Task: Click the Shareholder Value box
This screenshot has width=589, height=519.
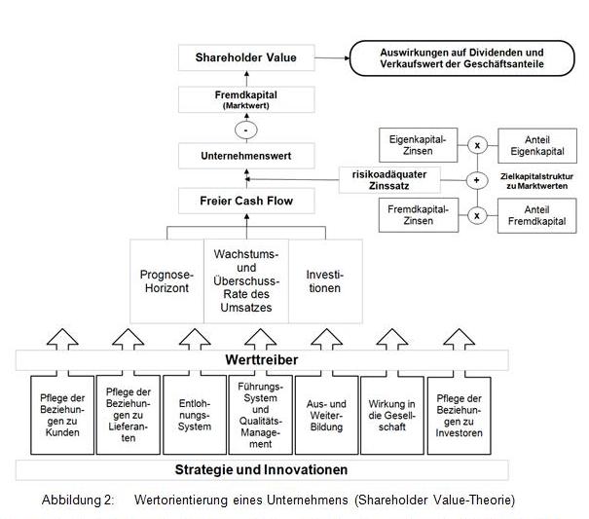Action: click(x=245, y=58)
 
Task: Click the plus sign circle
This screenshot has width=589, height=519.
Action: click(x=477, y=179)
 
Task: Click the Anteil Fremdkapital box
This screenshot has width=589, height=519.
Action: click(x=531, y=214)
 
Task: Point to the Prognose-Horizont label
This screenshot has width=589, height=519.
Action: click(x=166, y=281)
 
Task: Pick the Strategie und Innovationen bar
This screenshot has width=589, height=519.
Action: click(x=260, y=469)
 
